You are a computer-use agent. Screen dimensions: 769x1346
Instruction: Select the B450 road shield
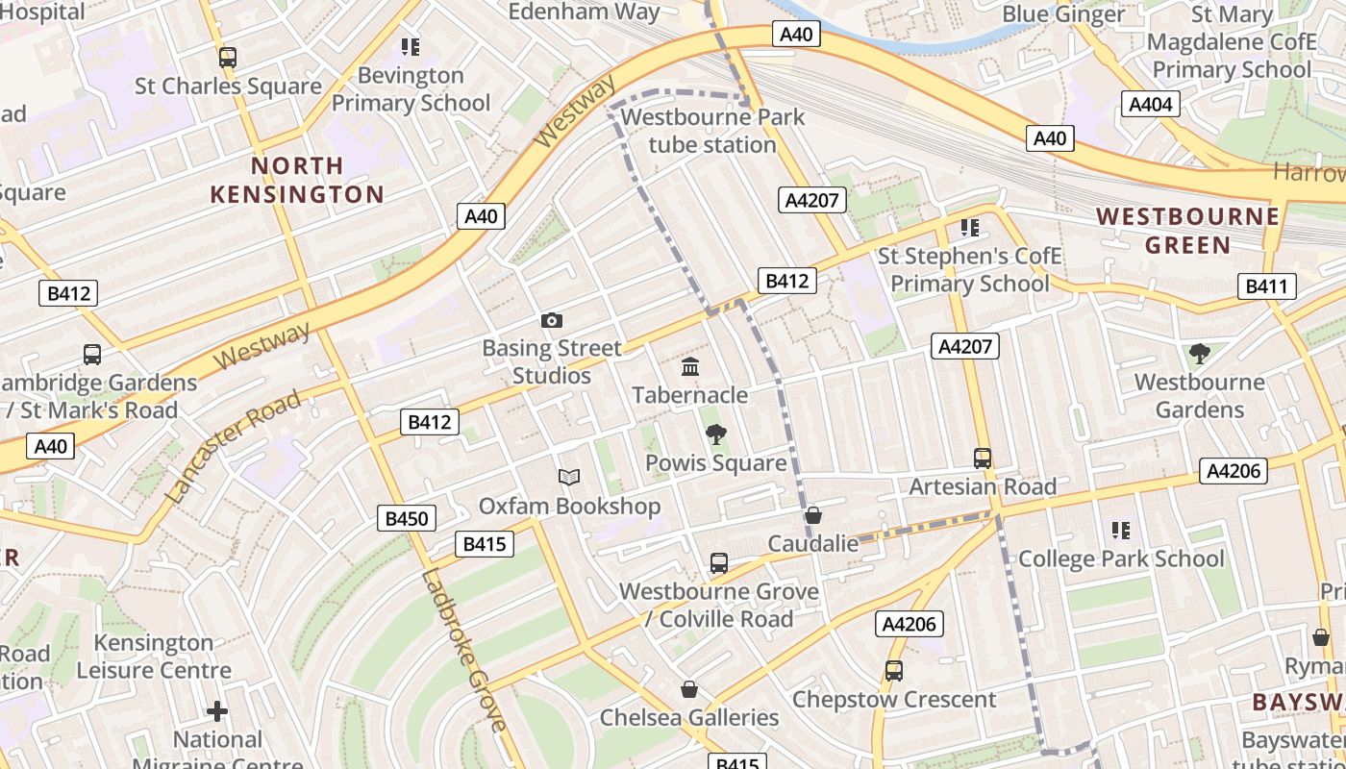tap(406, 518)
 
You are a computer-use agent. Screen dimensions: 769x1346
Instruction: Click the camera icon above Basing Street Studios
tap(552, 320)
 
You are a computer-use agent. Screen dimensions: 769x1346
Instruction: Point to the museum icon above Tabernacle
tap(690, 367)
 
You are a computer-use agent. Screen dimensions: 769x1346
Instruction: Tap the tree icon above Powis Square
tap(715, 434)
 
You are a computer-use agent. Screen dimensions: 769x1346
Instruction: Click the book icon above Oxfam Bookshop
tap(569, 477)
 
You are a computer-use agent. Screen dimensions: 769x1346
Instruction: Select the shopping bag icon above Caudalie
tap(813, 516)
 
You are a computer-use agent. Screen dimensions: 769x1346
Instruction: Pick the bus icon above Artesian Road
tap(982, 459)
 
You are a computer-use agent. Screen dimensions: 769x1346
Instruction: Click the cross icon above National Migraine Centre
tap(217, 711)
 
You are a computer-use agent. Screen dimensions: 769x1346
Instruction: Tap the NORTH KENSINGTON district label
tap(297, 180)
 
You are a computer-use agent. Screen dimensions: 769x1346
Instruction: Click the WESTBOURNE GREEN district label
tap(1188, 230)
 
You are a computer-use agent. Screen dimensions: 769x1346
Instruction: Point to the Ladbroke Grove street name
tap(463, 651)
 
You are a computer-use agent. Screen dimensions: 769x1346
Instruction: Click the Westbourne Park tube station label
tap(712, 131)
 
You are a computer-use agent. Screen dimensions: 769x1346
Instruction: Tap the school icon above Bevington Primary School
tap(411, 47)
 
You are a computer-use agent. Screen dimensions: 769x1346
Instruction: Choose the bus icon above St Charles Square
tap(228, 58)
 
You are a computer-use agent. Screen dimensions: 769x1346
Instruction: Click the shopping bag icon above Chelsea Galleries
tap(689, 689)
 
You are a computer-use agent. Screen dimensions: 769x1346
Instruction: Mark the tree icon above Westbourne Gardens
tap(1199, 354)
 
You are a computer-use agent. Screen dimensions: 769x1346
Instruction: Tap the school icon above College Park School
tap(1120, 531)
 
